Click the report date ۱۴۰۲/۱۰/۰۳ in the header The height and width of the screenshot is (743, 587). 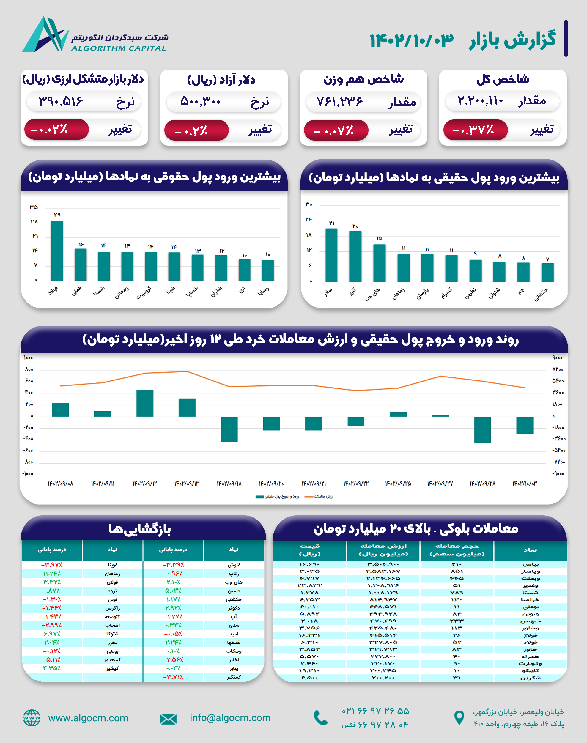point(411,40)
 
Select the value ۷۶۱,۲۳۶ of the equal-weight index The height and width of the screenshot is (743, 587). point(339,102)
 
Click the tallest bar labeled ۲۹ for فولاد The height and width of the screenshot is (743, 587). point(57,251)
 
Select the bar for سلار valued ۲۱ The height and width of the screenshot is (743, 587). point(331,255)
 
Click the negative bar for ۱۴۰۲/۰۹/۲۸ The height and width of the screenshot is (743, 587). point(482,429)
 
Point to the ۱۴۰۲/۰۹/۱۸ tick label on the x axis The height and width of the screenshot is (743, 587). point(229,484)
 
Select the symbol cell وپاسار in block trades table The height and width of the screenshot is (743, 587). point(530,571)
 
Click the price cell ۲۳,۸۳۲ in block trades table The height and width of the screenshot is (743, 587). point(310,585)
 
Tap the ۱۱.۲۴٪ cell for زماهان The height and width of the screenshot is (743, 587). point(51,574)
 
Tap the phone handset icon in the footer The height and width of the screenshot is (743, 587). point(320,718)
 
